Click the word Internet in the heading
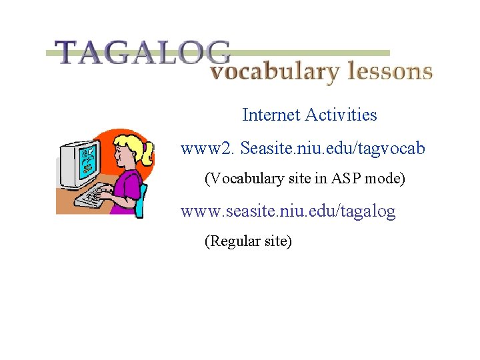271,115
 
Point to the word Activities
341,115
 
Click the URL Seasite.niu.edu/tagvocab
332,147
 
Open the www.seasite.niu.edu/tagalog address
288,211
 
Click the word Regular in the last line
229,241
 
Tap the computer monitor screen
86,163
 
